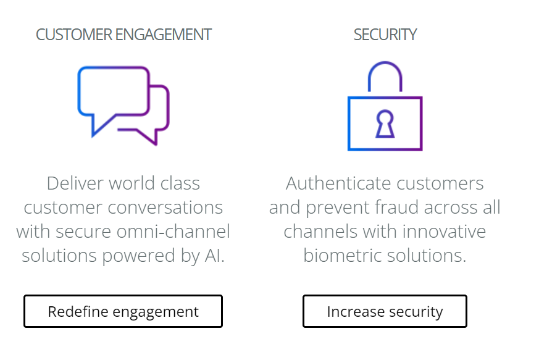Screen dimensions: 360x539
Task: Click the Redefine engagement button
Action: coord(123,311)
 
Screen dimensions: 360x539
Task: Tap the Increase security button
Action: coord(385,311)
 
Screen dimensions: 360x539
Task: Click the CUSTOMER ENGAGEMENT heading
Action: coord(123,35)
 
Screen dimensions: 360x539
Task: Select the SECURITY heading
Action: coord(385,35)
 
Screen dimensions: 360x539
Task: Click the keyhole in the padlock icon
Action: coord(385,123)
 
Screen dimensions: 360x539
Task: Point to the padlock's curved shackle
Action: coord(385,74)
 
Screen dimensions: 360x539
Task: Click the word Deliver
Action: coord(75,183)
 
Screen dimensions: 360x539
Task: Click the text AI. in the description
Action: coord(214,256)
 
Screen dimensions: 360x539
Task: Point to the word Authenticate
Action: coord(338,183)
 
